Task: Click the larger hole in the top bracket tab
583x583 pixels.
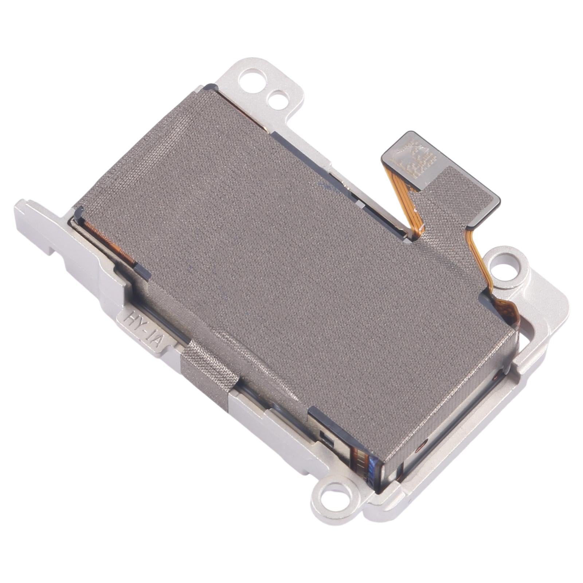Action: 250,78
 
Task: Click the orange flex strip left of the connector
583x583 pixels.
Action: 404,204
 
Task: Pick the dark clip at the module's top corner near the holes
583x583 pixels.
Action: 211,87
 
